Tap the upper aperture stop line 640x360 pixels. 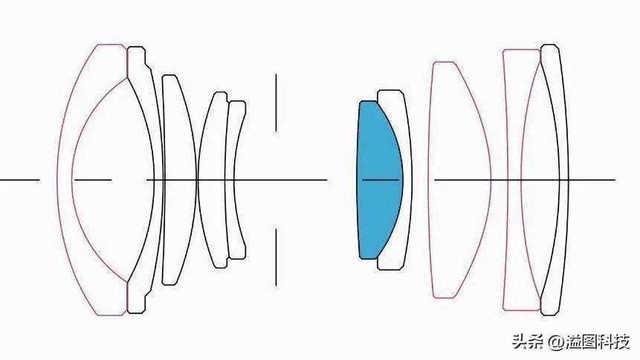[276, 103]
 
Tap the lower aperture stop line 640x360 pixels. [276, 257]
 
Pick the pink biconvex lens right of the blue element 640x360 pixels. [459, 180]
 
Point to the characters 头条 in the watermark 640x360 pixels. [529, 342]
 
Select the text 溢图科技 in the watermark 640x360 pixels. [597, 342]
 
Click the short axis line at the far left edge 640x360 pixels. [19, 180]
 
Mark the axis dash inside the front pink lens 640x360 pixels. [93, 180]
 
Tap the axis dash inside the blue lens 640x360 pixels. [381, 180]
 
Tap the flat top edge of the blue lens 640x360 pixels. [368, 101]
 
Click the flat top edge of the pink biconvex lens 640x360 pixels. [444, 62]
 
